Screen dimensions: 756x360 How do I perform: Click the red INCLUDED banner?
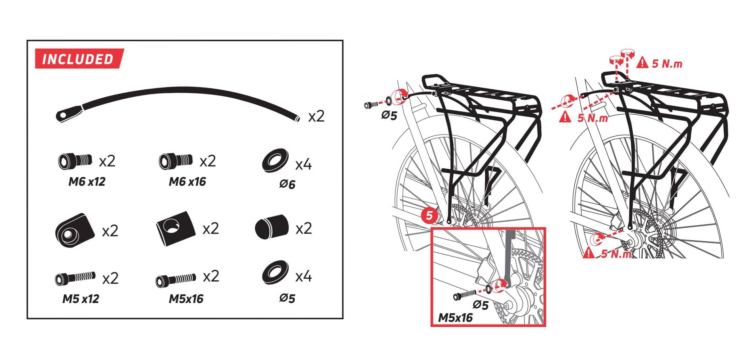point(79,59)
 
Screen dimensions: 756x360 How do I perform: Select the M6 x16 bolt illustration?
point(176,161)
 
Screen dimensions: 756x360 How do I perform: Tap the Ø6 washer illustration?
point(275,160)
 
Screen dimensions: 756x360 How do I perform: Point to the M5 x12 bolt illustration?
point(75,278)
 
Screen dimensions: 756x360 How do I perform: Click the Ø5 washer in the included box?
point(275,272)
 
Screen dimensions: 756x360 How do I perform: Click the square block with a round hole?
point(176,228)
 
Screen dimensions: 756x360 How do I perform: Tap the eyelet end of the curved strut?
point(69,115)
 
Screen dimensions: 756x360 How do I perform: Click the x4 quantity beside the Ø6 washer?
point(303,165)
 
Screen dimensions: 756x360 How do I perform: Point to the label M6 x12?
point(87,182)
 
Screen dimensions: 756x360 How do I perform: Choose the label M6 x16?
point(187,182)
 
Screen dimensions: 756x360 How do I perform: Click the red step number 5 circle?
point(430,215)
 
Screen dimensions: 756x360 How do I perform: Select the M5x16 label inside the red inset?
point(455,318)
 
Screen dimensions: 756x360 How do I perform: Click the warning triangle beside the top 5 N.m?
point(642,62)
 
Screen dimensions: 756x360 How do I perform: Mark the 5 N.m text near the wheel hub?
point(616,254)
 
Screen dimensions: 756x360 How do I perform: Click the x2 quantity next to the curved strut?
point(316,116)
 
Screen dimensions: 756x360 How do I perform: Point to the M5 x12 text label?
point(81,299)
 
